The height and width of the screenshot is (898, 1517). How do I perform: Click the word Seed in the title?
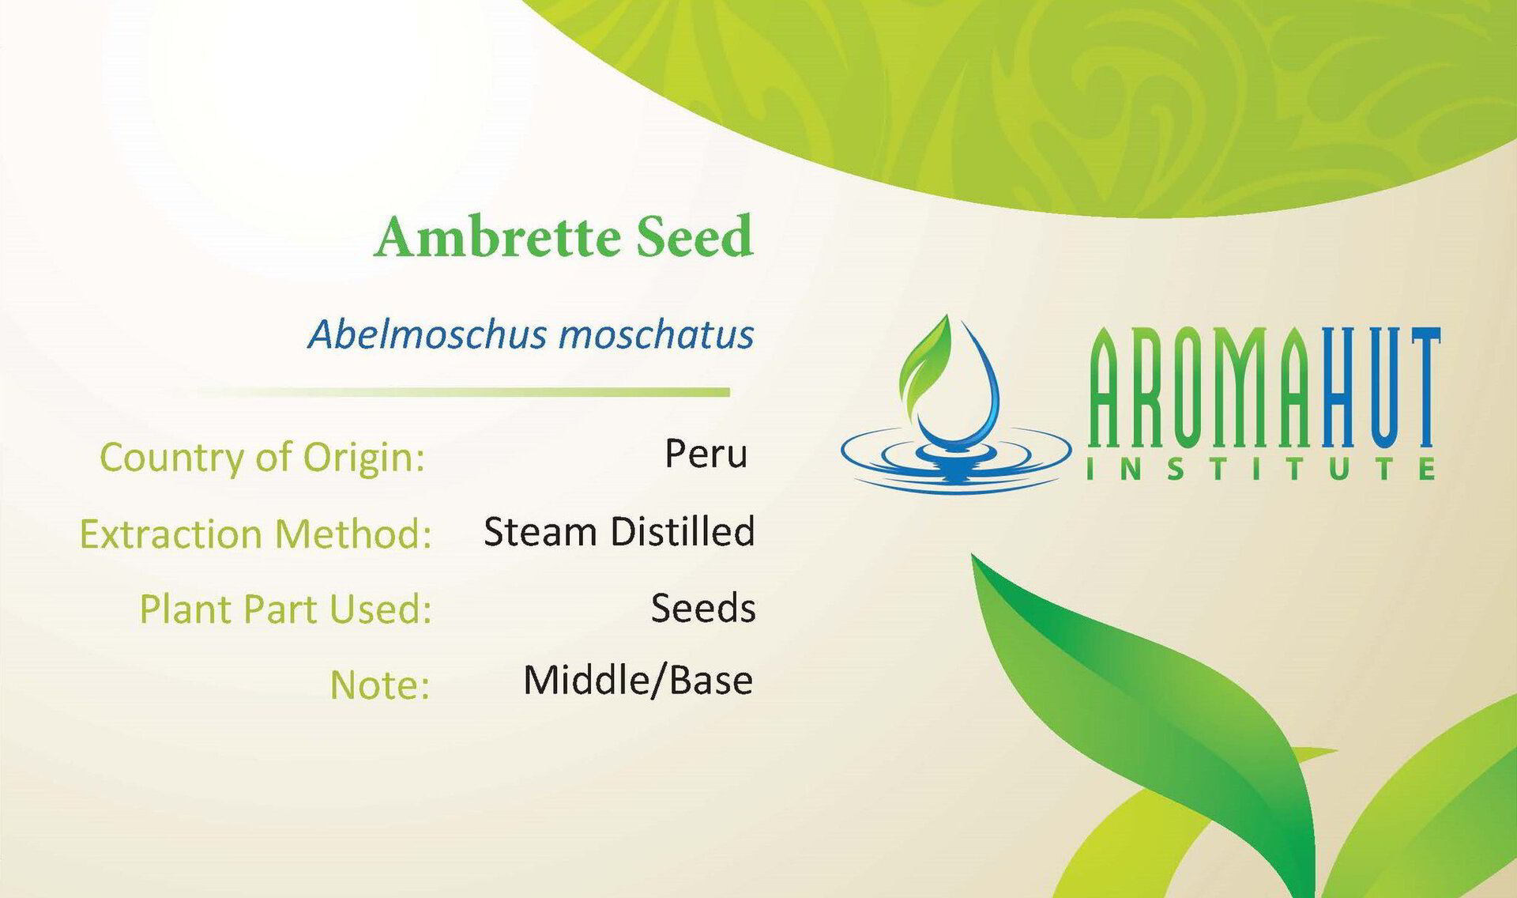click(x=695, y=236)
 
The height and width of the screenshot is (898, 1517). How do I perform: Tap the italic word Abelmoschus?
click(x=427, y=334)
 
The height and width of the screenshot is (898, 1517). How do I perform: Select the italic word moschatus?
click(x=656, y=334)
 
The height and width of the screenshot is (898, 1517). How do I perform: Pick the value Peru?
click(x=706, y=454)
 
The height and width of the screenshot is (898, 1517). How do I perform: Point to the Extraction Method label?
click(x=255, y=534)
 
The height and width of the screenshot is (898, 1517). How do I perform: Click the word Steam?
click(x=540, y=532)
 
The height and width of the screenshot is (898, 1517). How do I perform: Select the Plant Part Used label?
click(x=285, y=609)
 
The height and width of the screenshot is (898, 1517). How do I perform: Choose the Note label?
click(x=379, y=685)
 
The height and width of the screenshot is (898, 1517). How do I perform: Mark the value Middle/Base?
click(x=638, y=681)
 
